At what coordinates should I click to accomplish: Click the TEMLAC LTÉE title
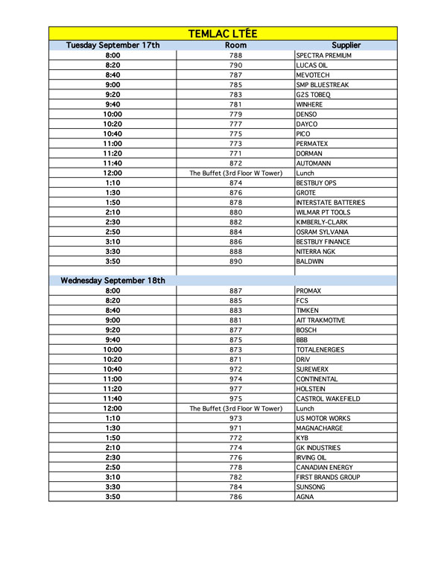(x=223, y=34)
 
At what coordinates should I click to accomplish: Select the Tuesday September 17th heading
(x=112, y=45)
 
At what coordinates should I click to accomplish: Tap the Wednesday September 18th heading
(x=112, y=281)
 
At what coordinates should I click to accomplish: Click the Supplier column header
(x=346, y=45)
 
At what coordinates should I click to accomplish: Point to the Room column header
(x=235, y=45)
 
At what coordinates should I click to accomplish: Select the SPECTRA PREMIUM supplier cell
(x=323, y=56)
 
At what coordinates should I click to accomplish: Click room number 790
(x=235, y=66)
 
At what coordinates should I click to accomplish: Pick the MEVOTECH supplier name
(x=314, y=75)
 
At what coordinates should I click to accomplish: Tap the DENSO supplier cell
(x=307, y=115)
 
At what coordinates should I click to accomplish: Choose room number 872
(x=235, y=163)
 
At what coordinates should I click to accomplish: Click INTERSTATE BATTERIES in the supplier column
(x=330, y=203)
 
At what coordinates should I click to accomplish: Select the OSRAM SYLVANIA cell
(x=322, y=232)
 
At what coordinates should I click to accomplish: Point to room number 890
(x=235, y=261)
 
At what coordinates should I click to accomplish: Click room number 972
(x=235, y=369)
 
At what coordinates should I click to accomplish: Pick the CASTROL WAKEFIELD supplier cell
(x=328, y=399)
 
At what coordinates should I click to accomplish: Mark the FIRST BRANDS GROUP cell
(x=328, y=477)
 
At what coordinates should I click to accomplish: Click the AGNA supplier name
(x=305, y=497)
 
